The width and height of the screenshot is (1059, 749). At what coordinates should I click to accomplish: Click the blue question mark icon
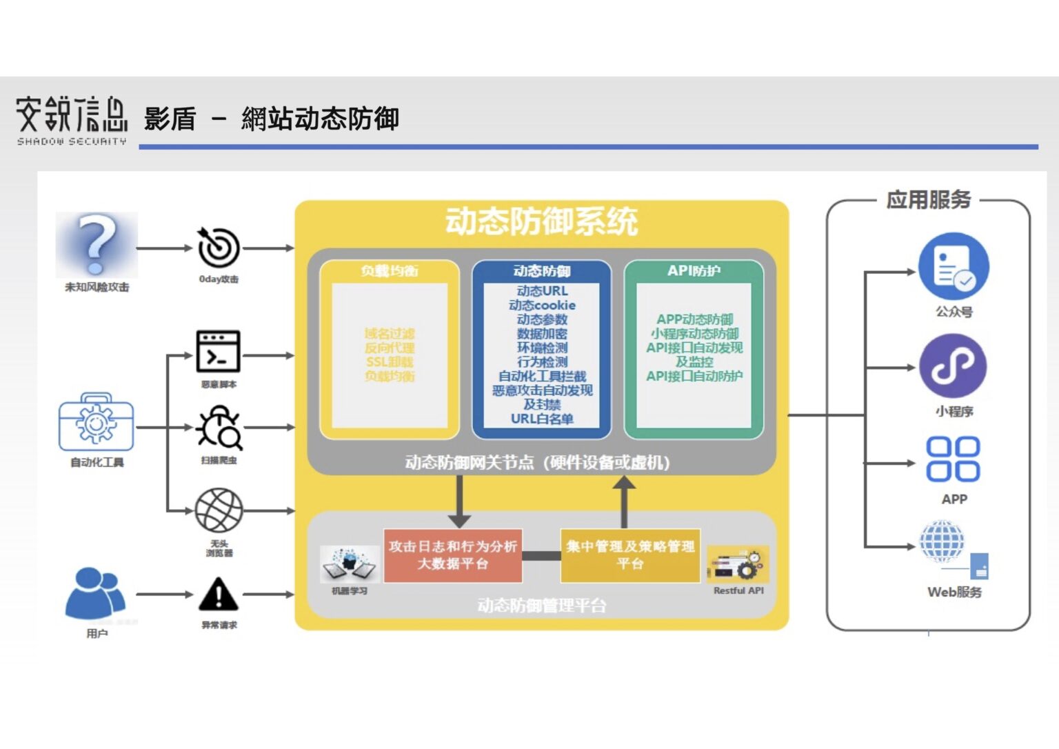point(97,244)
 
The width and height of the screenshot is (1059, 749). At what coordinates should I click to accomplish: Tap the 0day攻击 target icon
point(219,247)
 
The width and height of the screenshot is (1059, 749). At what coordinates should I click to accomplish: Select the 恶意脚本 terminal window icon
point(219,351)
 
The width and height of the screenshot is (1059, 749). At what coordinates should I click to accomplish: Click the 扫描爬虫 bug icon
point(219,428)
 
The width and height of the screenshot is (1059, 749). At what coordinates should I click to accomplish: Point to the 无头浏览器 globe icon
point(219,510)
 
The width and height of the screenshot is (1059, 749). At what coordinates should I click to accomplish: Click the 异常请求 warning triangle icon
point(219,595)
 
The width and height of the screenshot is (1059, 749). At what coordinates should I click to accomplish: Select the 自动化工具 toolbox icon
point(96,422)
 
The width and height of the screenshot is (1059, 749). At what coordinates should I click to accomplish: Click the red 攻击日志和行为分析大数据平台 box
point(452,555)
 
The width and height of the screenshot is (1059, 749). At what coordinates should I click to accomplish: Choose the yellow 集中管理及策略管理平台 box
point(630,555)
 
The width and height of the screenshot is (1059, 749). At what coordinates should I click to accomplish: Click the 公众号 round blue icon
point(954,267)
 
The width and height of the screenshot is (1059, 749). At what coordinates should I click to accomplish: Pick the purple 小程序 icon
point(954,367)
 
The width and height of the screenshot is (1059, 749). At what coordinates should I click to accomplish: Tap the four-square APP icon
point(954,459)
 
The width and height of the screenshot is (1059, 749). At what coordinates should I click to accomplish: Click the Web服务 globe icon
point(942,541)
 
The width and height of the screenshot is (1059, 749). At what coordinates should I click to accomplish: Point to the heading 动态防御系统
point(541,222)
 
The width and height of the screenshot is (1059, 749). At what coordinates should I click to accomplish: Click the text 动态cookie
point(542,305)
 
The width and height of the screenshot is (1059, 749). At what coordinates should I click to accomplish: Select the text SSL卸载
point(390,362)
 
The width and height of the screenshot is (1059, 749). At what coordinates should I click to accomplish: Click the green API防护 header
point(694,271)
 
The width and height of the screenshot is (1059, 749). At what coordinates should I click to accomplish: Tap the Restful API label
point(738,591)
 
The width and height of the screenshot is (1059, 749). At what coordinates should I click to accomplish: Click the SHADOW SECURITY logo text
point(72,141)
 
